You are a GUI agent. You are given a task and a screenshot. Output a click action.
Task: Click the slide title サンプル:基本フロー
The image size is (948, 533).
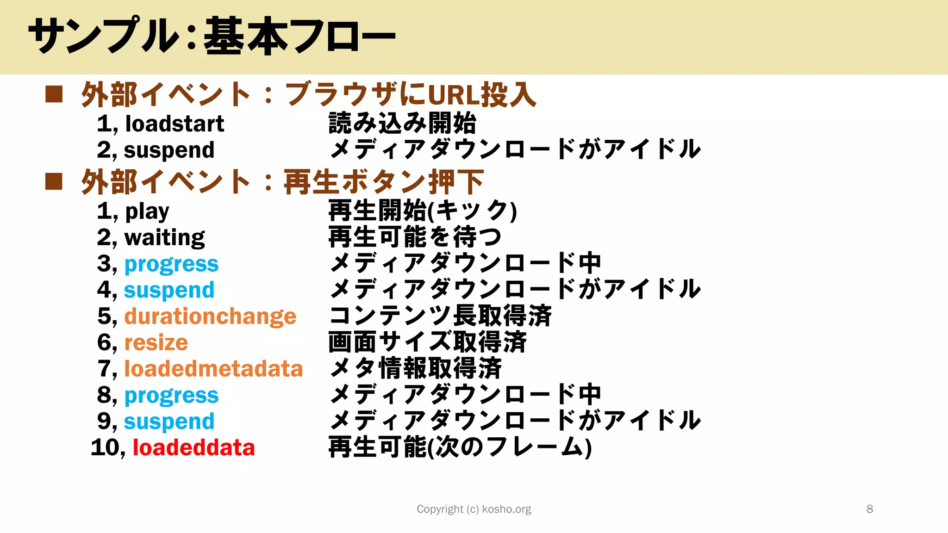coord(212,36)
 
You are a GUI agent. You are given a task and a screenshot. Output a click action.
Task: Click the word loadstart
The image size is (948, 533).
coord(175,124)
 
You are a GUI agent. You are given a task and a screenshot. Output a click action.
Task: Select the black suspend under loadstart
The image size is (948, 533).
coord(169,150)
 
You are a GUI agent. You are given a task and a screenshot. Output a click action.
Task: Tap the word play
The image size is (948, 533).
coord(147,211)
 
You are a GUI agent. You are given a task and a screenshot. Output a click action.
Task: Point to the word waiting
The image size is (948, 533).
coord(164,238)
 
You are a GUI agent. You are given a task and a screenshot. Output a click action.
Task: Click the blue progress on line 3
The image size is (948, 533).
coord(171,264)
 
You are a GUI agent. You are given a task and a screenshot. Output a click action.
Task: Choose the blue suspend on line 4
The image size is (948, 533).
coord(169,291)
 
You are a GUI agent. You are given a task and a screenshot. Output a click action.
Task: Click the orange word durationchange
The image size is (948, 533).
coord(210,317)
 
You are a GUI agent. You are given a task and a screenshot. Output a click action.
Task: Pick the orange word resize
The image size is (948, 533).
coord(156,343)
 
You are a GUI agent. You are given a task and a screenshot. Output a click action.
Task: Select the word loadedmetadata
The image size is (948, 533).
coord(213,369)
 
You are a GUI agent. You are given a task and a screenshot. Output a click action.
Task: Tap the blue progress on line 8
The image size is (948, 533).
coord(171,396)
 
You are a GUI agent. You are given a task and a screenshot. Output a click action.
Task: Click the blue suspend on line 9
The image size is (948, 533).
coord(169,421)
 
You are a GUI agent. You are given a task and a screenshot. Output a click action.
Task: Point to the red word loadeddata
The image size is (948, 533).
coord(194,448)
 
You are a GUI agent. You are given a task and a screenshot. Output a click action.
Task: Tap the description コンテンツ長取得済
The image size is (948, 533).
coord(440,316)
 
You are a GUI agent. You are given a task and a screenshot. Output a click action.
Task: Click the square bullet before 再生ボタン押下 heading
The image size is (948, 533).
coord(54,182)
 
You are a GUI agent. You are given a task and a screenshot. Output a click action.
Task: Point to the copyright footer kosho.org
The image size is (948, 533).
coord(474,509)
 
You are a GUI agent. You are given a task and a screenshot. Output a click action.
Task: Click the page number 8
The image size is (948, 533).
coord(869,509)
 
